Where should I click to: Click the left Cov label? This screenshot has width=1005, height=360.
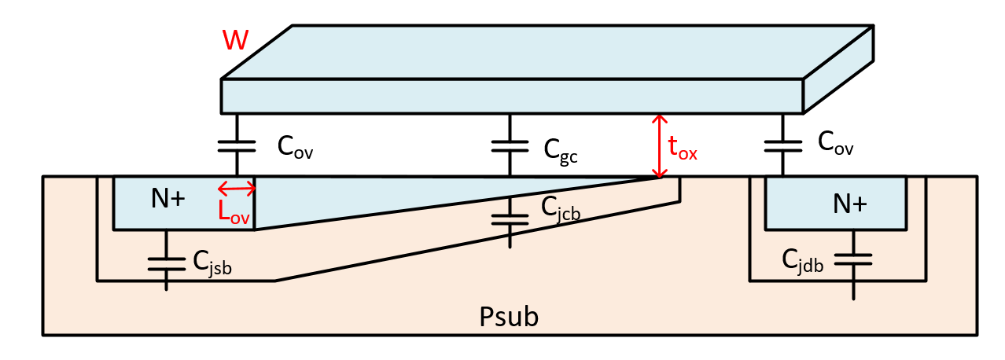click(x=295, y=148)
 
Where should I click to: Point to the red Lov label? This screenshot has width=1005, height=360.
click(x=234, y=211)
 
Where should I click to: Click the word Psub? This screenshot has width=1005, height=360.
click(x=509, y=317)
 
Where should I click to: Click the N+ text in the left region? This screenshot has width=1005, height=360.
click(x=167, y=200)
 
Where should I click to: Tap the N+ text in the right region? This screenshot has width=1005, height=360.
click(x=850, y=204)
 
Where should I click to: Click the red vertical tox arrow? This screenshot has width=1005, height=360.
click(x=659, y=145)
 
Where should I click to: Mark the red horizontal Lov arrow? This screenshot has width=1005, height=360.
click(x=237, y=188)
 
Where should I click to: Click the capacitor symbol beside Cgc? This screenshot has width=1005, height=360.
click(x=510, y=146)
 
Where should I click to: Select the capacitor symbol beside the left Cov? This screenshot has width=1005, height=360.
click(x=237, y=146)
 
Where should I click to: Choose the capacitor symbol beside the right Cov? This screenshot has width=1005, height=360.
click(x=782, y=146)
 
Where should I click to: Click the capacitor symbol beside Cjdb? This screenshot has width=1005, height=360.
click(x=853, y=259)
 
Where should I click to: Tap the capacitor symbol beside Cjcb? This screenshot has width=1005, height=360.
click(x=510, y=218)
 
